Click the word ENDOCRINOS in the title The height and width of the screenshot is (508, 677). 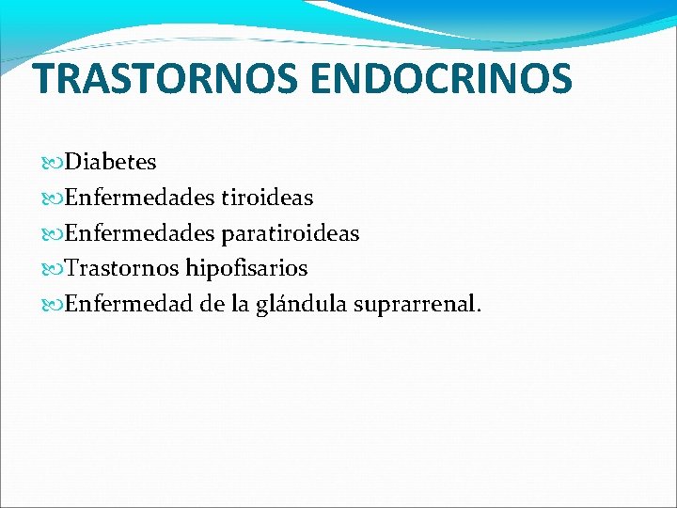440,79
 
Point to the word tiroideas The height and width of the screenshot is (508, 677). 267,198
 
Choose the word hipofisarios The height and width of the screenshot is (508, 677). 246,269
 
